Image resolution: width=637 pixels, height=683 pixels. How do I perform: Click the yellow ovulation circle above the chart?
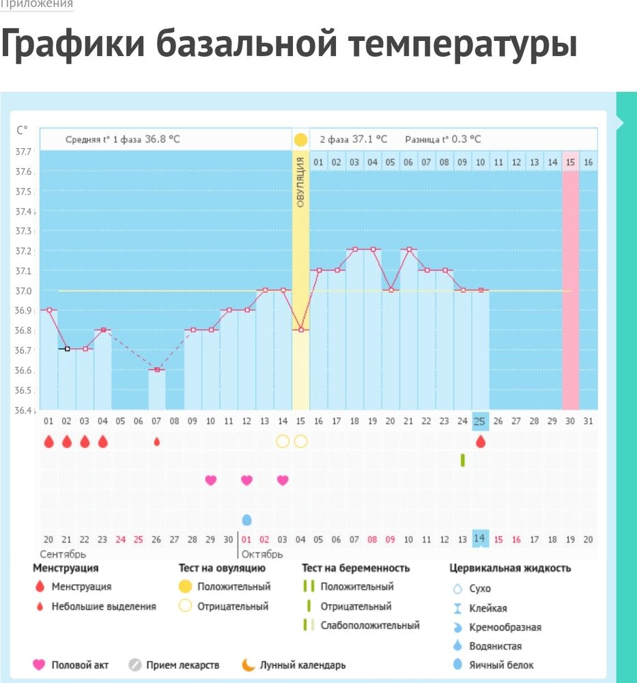tap(300, 139)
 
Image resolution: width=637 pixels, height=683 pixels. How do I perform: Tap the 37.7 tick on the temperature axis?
tap(24, 152)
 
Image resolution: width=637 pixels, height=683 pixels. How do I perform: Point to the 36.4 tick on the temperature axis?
tap(24, 410)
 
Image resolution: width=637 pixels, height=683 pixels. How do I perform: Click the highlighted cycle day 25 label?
tap(480, 421)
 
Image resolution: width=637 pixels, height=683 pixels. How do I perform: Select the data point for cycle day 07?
tap(157, 370)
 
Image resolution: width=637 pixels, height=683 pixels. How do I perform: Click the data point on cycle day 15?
tap(300, 330)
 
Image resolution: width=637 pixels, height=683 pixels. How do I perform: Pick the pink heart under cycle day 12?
tap(246, 480)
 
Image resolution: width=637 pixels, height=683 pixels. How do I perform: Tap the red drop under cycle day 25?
tap(480, 442)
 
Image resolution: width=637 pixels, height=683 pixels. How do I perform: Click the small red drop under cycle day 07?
tap(157, 442)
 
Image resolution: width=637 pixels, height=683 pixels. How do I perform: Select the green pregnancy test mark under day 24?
tap(462, 460)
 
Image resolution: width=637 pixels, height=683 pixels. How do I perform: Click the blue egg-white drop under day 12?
tap(246, 520)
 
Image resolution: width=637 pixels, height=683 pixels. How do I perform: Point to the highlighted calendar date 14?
tap(480, 539)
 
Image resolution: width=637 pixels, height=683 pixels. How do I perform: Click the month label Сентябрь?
tap(63, 554)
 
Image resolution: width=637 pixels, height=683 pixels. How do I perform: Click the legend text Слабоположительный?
tap(370, 625)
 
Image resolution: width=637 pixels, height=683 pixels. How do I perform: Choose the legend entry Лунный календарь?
tap(302, 665)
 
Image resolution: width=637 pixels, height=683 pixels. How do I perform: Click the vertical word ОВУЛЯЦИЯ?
tap(300, 181)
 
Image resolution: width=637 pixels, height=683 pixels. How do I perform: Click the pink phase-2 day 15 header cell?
tap(570, 162)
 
